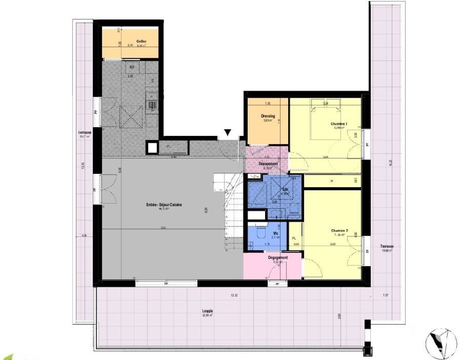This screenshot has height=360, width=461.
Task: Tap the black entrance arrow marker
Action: [227, 133]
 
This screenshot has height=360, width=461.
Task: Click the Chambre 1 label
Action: [339, 124]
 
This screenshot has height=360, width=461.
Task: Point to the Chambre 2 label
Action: [339, 231]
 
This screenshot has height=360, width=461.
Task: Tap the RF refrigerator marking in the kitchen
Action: [132, 67]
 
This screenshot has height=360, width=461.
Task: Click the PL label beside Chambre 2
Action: [295, 238]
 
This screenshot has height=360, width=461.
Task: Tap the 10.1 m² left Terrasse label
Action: [85, 133]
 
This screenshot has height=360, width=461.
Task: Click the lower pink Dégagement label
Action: [278, 258]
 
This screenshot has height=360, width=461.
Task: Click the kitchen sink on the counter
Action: [152, 106]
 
